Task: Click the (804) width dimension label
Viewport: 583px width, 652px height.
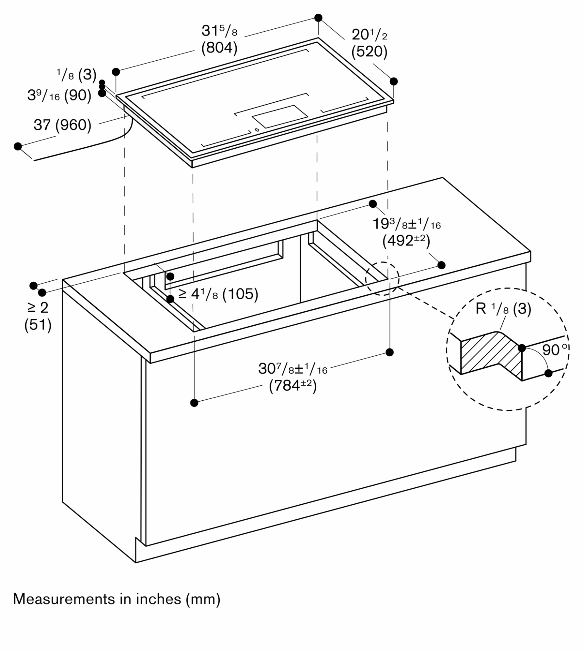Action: pyautogui.click(x=219, y=48)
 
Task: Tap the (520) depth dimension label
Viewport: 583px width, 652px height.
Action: pyautogui.click(x=369, y=52)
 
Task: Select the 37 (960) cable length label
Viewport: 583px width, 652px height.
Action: pyautogui.click(x=62, y=125)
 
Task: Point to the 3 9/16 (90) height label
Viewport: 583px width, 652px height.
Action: pyautogui.click(x=59, y=96)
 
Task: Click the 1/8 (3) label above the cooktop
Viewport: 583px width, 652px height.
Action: pyautogui.click(x=76, y=75)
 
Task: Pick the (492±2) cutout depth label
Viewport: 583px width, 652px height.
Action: pyautogui.click(x=406, y=241)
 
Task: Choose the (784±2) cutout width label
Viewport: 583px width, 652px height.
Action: pyautogui.click(x=293, y=386)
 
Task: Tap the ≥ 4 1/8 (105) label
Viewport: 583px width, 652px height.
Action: pyautogui.click(x=218, y=294)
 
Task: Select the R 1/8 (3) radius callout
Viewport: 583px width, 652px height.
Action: pyautogui.click(x=503, y=309)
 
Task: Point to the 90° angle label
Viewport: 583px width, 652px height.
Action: pyautogui.click(x=554, y=350)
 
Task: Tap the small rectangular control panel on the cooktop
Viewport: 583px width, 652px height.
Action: pyautogui.click(x=280, y=116)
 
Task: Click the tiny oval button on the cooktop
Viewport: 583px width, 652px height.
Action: pyautogui.click(x=257, y=130)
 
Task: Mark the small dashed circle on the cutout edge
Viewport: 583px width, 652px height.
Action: pyautogui.click(x=382, y=278)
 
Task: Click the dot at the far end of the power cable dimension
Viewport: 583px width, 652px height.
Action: pyautogui.click(x=18, y=146)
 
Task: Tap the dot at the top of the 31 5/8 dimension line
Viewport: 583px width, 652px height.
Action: pyautogui.click(x=318, y=18)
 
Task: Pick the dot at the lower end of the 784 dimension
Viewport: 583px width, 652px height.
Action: pyautogui.click(x=194, y=403)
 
